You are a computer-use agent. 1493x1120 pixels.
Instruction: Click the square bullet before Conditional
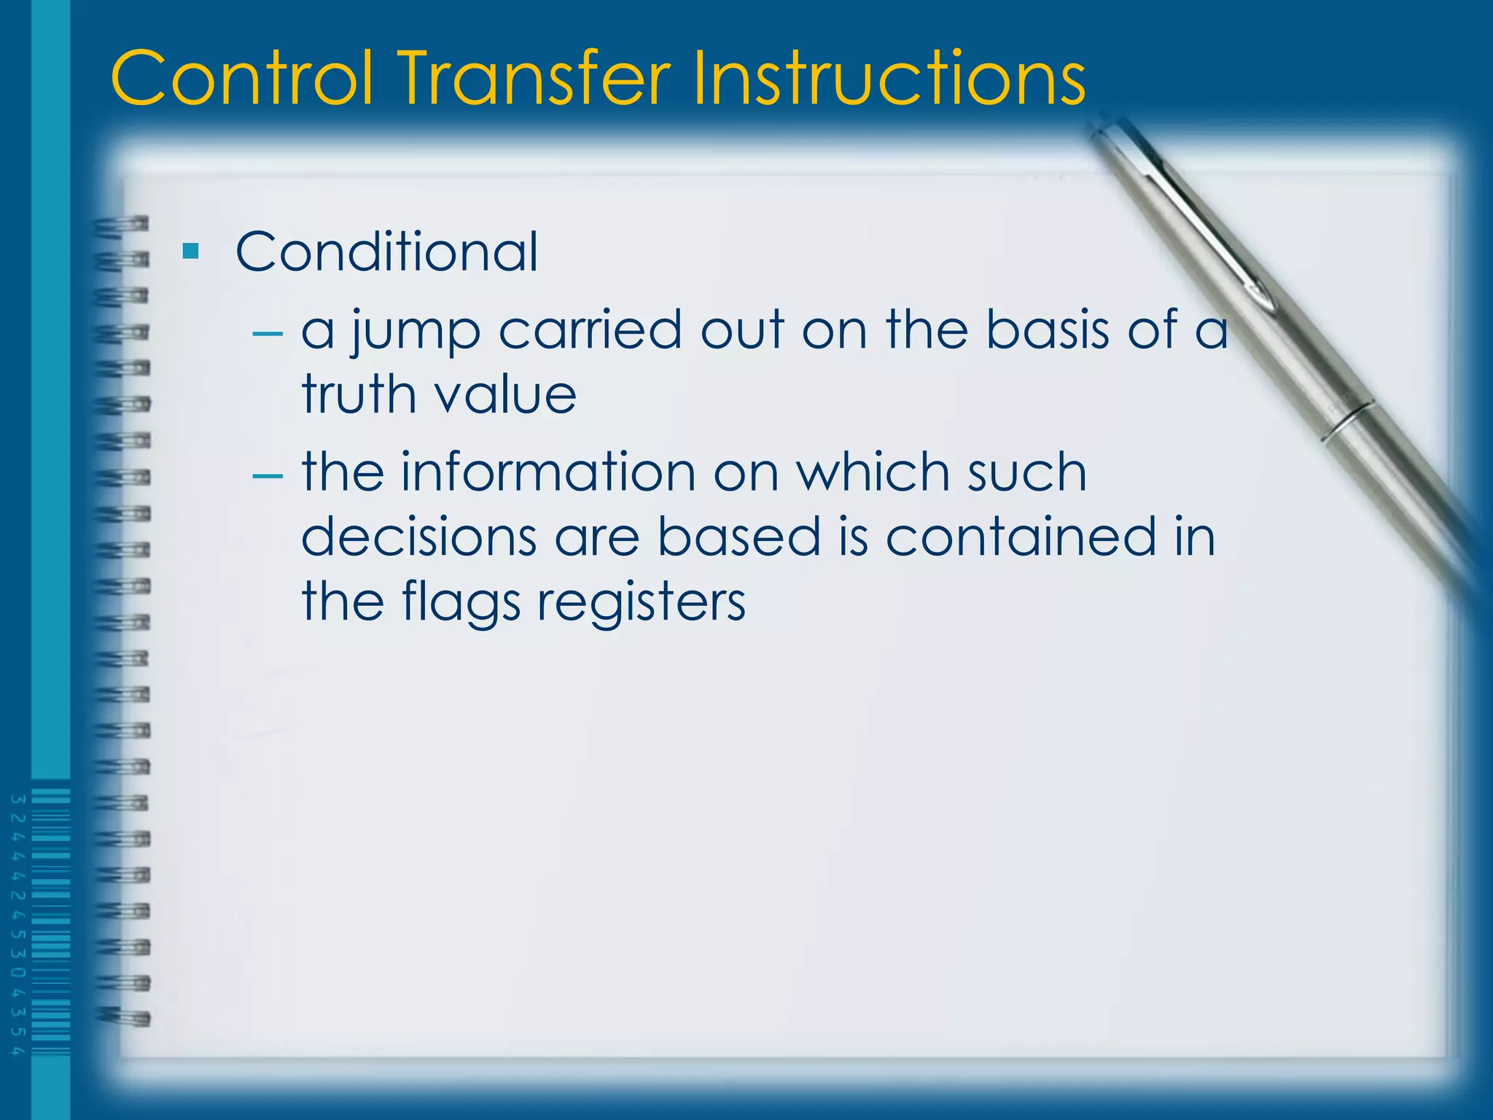pos(191,252)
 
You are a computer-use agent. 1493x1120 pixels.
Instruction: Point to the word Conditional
pos(386,252)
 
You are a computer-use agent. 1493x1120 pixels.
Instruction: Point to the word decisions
pos(419,537)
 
